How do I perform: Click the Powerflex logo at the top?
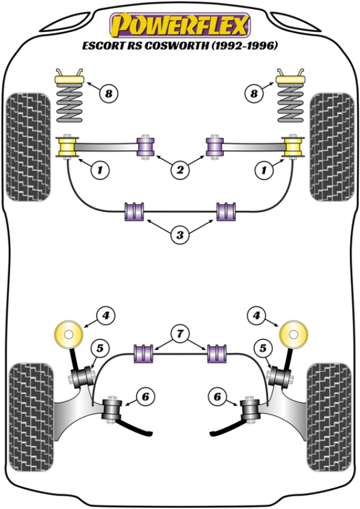(179, 25)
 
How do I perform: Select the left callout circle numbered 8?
(109, 93)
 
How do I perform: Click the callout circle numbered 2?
(179, 170)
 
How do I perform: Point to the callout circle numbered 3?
(179, 235)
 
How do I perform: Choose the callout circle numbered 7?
(179, 331)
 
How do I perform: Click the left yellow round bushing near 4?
(68, 334)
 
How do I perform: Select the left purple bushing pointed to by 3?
(134, 211)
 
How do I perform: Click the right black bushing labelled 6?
(248, 411)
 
